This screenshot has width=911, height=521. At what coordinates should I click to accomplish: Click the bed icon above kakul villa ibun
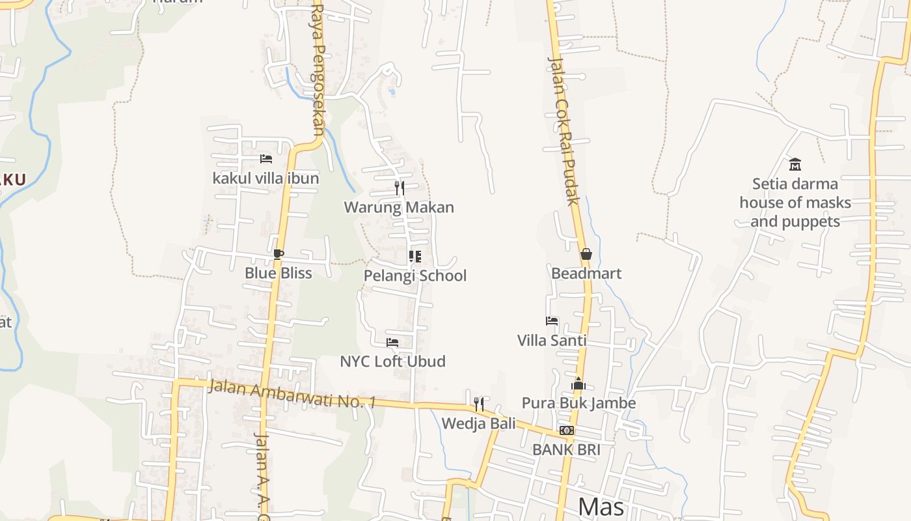[265, 158]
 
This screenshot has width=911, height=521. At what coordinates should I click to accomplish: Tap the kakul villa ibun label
[265, 178]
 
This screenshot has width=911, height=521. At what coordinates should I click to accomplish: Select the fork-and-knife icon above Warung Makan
[400, 188]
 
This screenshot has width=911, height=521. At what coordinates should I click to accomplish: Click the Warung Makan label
[399, 208]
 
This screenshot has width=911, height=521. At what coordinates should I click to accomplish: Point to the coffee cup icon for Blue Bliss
[279, 254]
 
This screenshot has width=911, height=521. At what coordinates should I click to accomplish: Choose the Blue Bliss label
[279, 273]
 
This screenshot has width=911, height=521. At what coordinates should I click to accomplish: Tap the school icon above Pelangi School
[415, 257]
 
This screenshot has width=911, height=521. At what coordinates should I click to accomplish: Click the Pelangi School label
[415, 275]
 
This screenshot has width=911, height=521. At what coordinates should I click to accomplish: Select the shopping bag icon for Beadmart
[586, 254]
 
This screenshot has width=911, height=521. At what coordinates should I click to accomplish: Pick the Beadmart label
[586, 274]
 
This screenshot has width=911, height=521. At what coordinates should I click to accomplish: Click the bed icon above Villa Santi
[552, 321]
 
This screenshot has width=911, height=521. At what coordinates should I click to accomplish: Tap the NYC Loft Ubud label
[392, 361]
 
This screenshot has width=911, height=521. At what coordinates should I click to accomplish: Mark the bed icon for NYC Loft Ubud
[392, 342]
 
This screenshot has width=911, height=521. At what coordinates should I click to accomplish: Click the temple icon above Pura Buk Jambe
[578, 384]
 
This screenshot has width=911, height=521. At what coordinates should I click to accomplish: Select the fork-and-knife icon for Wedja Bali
[479, 404]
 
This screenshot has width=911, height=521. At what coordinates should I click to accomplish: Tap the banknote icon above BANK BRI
[567, 430]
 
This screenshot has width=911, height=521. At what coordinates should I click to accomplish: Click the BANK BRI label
[566, 449]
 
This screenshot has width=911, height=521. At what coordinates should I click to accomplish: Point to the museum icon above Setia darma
[795, 164]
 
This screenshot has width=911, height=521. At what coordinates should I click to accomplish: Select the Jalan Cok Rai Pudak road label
[564, 131]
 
